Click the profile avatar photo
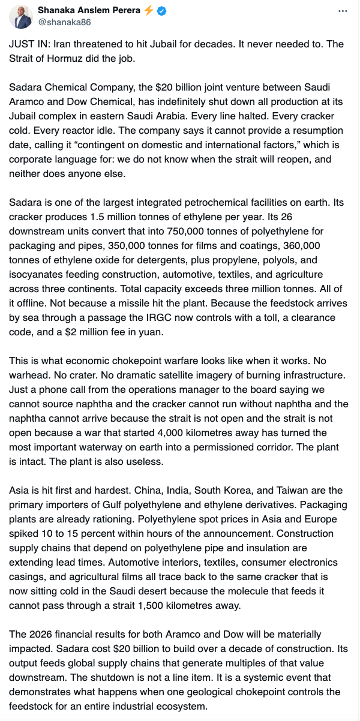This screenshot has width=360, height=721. [x=21, y=17]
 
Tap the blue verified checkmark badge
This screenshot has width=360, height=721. [x=161, y=11]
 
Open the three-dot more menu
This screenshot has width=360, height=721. [x=342, y=11]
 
